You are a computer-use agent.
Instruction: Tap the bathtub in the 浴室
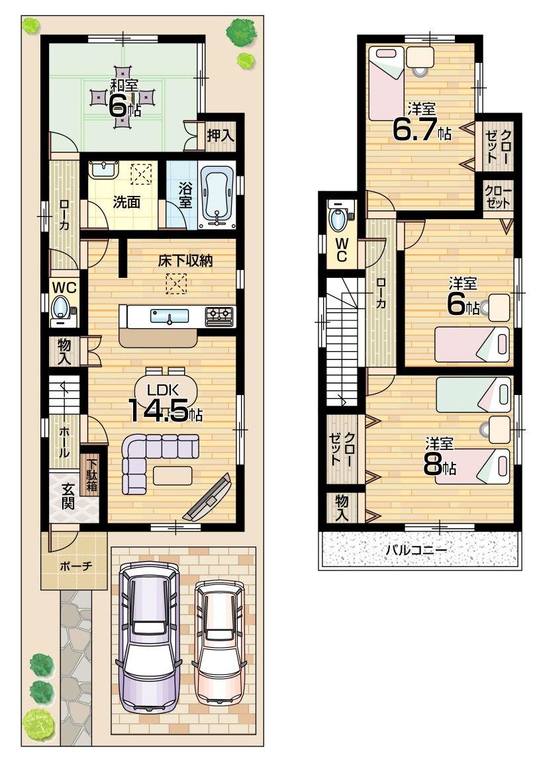point(217,193)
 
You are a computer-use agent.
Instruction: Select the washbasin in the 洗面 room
point(103,170)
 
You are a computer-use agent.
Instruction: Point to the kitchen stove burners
point(220,316)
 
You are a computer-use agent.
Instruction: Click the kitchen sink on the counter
point(170,316)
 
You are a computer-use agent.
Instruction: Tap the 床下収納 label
point(185,261)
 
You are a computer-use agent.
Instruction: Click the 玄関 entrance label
point(68,498)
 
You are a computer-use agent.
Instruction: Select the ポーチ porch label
point(75,566)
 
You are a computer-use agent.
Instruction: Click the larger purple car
point(149,635)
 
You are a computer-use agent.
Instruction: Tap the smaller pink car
point(219,642)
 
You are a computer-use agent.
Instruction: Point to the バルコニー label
point(416,549)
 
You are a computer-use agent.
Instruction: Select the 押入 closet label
point(219,136)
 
